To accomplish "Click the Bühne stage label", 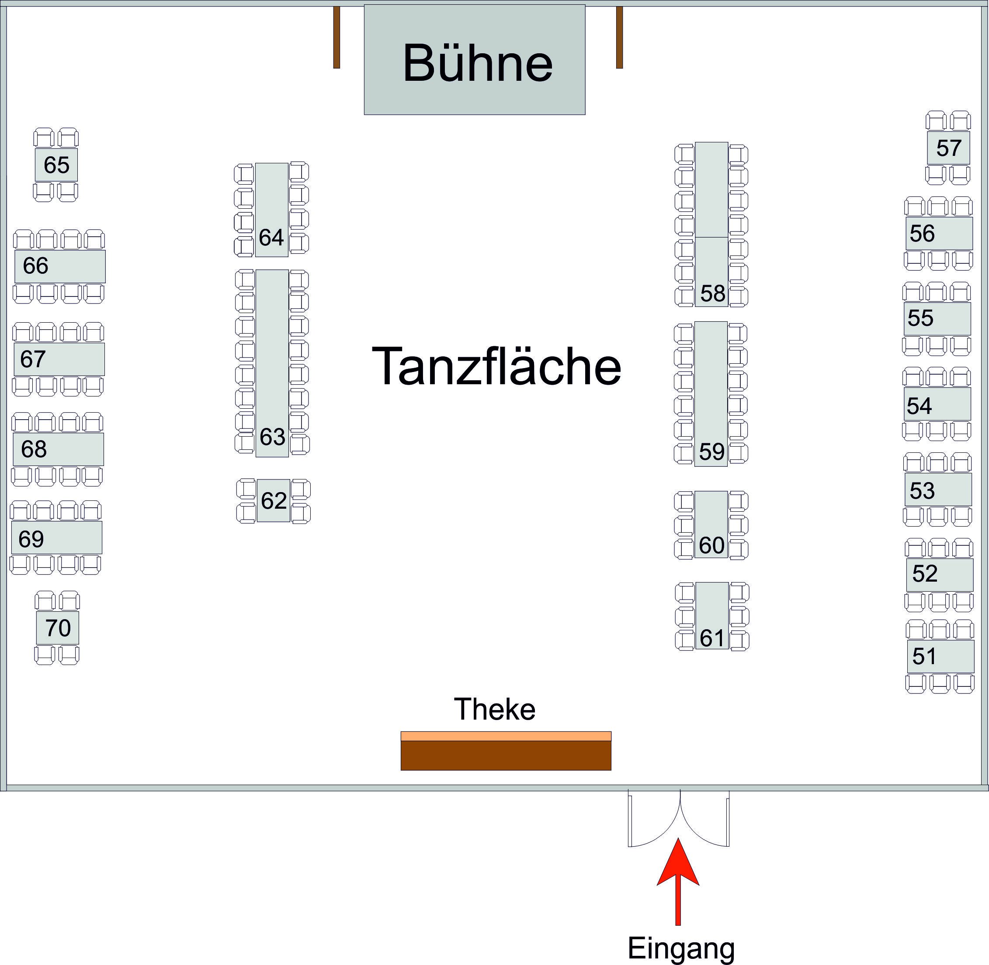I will tap(477, 63).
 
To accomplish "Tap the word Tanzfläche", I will tap(496, 366).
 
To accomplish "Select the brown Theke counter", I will tap(506, 755).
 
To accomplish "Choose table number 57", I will tap(948, 148).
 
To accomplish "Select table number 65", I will tap(56, 165).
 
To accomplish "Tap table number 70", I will tap(58, 628).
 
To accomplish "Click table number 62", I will tap(274, 501).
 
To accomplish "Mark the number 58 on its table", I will tap(713, 293).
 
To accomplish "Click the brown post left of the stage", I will tap(336, 37).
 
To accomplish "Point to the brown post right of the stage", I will tap(619, 37).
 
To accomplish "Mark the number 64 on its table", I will tap(271, 237).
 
